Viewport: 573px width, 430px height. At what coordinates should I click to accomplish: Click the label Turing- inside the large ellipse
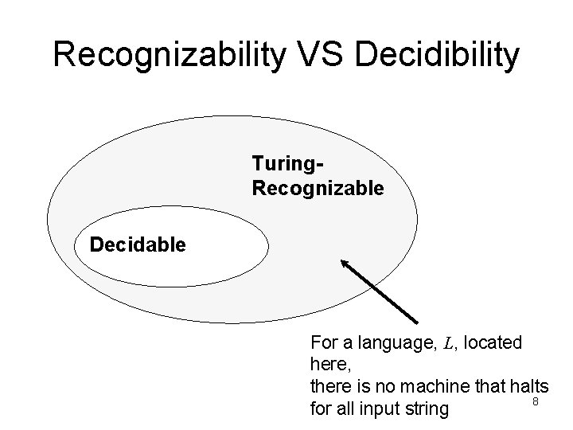(x=287, y=164)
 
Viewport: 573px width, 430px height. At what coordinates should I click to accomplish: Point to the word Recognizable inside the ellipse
(x=318, y=189)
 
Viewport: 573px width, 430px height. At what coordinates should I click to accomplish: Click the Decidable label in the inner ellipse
(x=138, y=244)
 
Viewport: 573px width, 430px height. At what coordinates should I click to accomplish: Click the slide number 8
(x=536, y=402)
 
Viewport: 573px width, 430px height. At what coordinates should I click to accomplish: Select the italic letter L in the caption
(x=448, y=345)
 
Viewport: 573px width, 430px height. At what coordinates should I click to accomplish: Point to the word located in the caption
(x=493, y=344)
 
